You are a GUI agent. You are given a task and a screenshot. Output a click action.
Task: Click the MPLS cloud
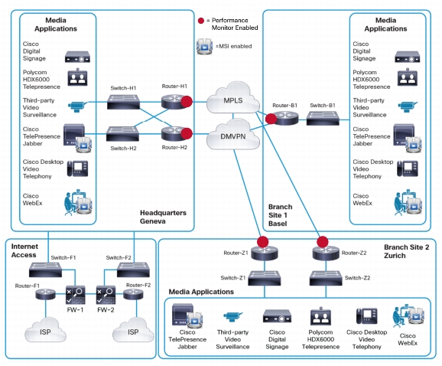pyautogui.click(x=232, y=98)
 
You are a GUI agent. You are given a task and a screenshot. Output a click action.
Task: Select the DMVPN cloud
pyautogui.click(x=232, y=135)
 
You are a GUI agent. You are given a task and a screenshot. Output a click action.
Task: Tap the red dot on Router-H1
pyautogui.click(x=187, y=102)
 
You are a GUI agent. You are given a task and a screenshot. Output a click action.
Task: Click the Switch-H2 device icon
pyautogui.click(x=122, y=133)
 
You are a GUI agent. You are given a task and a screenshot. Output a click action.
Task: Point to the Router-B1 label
pyautogui.click(x=284, y=105)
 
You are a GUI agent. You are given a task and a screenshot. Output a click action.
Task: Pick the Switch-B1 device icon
pyautogui.click(x=323, y=118)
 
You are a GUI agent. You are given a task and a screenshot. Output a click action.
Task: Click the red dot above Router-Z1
pyautogui.click(x=262, y=242)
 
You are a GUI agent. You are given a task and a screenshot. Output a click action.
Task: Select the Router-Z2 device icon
pyautogui.click(x=326, y=253)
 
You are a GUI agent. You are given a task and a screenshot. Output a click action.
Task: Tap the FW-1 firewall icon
pyautogui.click(x=75, y=295)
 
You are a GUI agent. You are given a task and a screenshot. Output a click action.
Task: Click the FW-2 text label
pyautogui.click(x=106, y=310)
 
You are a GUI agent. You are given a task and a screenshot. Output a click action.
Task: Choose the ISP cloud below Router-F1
pyautogui.click(x=45, y=330)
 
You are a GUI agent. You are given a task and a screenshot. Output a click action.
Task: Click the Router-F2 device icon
pyautogui.click(x=133, y=295)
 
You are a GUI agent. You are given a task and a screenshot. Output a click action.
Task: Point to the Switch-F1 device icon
pyautogui.click(x=45, y=270)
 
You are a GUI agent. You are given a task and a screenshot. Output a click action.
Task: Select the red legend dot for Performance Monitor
pyautogui.click(x=201, y=21)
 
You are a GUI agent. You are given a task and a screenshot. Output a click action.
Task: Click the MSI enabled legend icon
pyautogui.click(x=204, y=46)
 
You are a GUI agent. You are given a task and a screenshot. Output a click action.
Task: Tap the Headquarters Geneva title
pyautogui.click(x=163, y=217)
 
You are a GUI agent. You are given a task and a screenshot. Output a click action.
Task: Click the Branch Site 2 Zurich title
pyautogui.click(x=407, y=251)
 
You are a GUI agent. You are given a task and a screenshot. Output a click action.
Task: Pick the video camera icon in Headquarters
pyautogui.click(x=78, y=106)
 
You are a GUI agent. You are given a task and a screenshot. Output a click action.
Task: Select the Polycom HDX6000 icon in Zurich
pyautogui.click(x=320, y=315)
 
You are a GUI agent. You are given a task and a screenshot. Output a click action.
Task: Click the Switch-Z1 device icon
pyautogui.click(x=265, y=278)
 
